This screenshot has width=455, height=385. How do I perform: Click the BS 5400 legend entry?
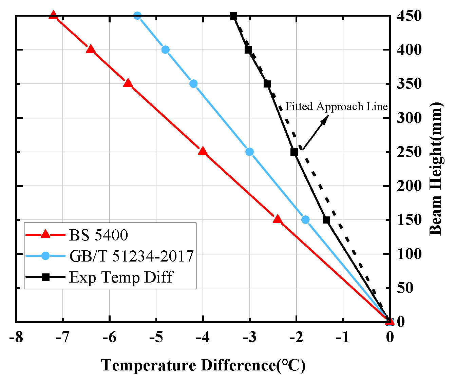pyautogui.click(x=98, y=235)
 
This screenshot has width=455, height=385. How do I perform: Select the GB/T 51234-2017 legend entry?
pyautogui.click(x=131, y=256)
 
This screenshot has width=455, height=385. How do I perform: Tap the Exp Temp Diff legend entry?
pyautogui.click(x=121, y=277)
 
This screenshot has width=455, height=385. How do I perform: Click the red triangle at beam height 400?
pyautogui.click(x=91, y=50)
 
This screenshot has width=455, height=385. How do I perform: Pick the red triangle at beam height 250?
pyautogui.click(x=203, y=151)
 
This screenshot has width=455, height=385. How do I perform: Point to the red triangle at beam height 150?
pyautogui.click(x=278, y=219)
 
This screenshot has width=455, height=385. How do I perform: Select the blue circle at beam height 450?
pyautogui.click(x=137, y=16)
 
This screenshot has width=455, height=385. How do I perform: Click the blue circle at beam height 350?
pyautogui.click(x=193, y=84)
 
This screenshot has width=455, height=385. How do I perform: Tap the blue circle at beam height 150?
pyautogui.click(x=305, y=220)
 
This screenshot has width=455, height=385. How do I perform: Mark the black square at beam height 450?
pyautogui.click(x=233, y=16)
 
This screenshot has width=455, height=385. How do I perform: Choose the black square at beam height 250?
pyautogui.click(x=294, y=152)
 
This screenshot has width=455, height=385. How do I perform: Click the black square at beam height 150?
pyautogui.click(x=326, y=220)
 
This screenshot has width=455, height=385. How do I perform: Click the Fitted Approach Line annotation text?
pyautogui.click(x=336, y=107)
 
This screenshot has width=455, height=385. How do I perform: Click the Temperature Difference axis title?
pyautogui.click(x=203, y=366)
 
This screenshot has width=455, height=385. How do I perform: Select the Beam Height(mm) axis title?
pyautogui.click(x=436, y=169)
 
